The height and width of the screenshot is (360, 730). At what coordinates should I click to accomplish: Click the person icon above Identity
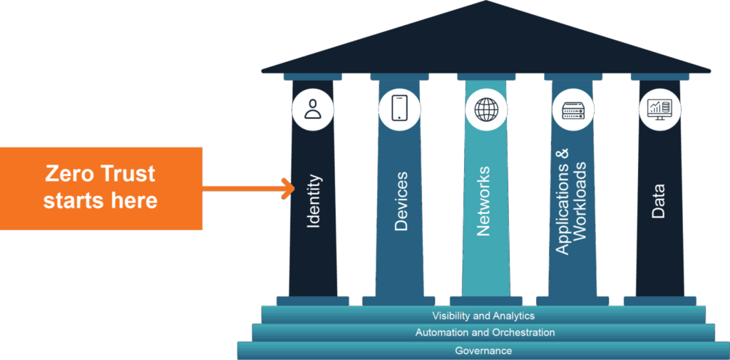point(313,109)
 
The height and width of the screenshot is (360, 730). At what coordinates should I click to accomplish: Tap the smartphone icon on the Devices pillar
point(399,109)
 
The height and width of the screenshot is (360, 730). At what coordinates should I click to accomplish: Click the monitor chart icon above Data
point(659,109)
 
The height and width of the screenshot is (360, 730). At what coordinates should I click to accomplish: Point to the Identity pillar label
point(314,202)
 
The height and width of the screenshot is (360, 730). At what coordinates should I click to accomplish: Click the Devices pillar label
point(401,202)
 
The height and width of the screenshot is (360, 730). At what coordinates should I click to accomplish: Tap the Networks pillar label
point(484,201)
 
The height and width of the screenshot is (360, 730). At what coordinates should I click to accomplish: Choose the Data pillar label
point(659,202)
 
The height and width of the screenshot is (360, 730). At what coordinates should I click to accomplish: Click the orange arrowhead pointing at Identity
point(289,189)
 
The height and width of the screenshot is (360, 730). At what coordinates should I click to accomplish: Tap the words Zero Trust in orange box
point(100,174)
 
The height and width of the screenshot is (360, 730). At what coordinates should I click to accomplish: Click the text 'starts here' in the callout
point(100,201)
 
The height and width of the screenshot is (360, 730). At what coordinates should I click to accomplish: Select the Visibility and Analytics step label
point(483,315)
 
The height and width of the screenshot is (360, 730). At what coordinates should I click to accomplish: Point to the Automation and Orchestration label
point(485,333)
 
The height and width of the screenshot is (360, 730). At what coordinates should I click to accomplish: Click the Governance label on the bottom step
point(483,351)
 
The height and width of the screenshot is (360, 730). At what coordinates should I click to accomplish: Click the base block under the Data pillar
point(659,300)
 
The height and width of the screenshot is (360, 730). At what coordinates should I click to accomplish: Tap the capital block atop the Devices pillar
point(399,76)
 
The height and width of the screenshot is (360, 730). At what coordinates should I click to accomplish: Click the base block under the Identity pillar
point(313,300)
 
